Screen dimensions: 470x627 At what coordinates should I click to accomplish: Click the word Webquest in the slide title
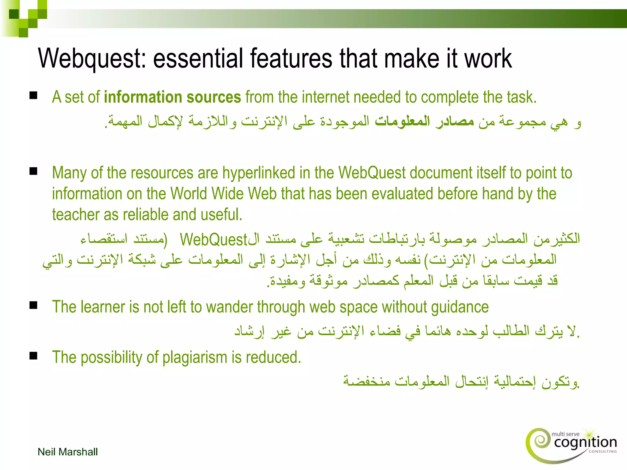coord(92,58)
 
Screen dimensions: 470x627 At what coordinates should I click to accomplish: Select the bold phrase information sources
coord(172,97)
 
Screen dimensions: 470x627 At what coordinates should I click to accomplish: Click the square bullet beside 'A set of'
coord(33,96)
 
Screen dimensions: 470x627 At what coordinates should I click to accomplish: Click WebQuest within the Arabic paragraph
coord(213,240)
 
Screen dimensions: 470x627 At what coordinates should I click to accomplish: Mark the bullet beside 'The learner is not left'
coord(33,305)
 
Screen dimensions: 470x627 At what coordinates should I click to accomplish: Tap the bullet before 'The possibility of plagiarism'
coord(33,356)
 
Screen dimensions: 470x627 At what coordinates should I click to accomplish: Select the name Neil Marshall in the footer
coord(68,452)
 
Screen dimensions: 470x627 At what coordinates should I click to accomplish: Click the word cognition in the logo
coord(585,442)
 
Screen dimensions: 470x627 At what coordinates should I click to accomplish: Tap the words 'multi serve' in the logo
coord(565,434)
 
